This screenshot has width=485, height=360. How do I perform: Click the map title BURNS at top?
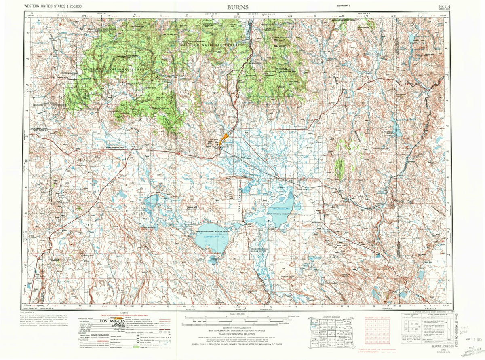[x=238, y=7]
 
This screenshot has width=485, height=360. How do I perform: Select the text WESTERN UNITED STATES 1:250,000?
[x=53, y=7]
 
